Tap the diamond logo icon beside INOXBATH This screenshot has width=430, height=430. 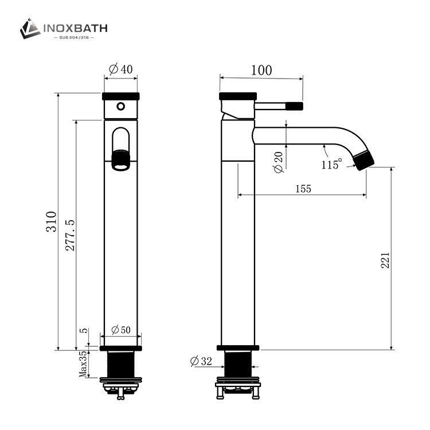click(x=30, y=29)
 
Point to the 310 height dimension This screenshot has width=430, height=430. click(x=52, y=221)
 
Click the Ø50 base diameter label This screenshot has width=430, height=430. click(x=120, y=330)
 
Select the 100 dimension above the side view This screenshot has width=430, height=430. click(x=261, y=70)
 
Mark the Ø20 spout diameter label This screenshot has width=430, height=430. click(x=279, y=163)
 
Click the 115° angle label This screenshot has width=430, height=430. click(x=331, y=165)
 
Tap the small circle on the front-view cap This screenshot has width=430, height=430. click(x=120, y=106)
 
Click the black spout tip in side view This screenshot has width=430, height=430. click(x=364, y=160)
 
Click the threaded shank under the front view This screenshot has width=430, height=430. click(x=120, y=363)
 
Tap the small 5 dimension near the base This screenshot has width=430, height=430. click(x=84, y=331)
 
